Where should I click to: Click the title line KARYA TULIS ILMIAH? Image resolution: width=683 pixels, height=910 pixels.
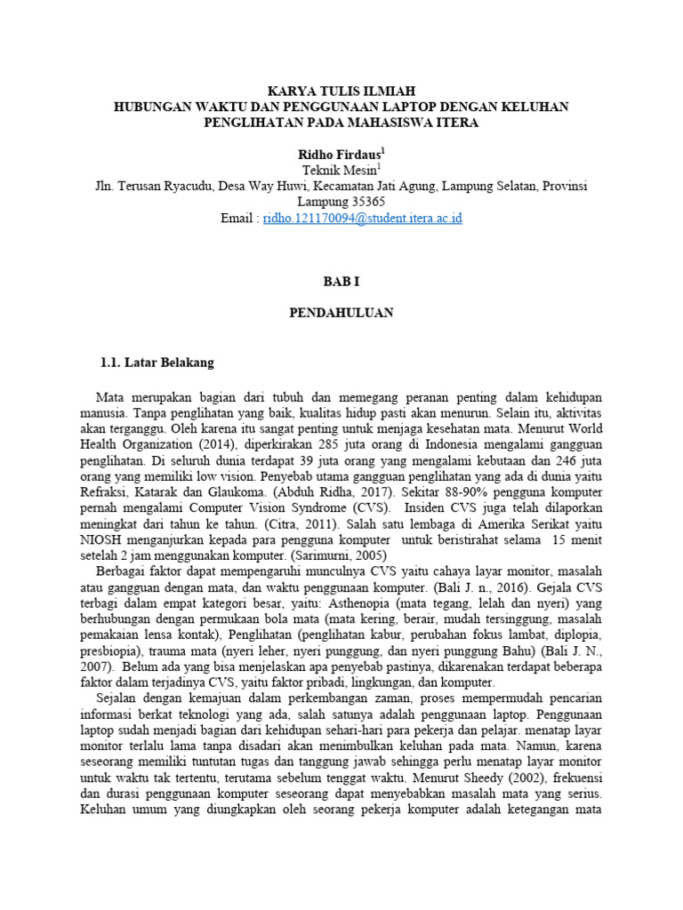click(341, 91)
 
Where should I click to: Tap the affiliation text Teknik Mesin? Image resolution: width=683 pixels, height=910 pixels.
click(340, 170)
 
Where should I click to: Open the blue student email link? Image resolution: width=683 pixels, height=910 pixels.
click(362, 218)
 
